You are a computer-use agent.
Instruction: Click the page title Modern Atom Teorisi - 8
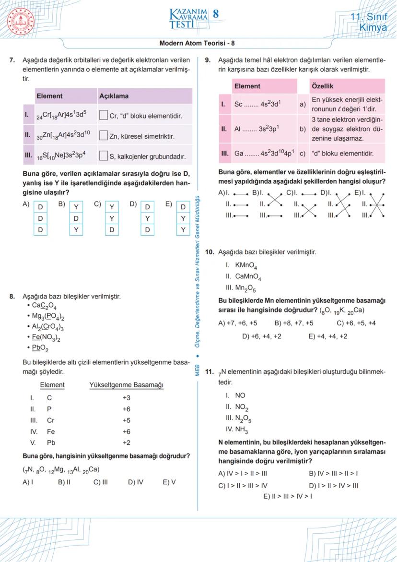coord(197,43)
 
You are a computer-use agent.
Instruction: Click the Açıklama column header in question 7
coord(114,96)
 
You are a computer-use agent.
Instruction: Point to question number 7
coord(12,61)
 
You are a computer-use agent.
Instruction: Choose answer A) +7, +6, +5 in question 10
coord(237,323)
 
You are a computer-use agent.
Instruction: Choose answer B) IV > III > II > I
coord(333,473)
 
